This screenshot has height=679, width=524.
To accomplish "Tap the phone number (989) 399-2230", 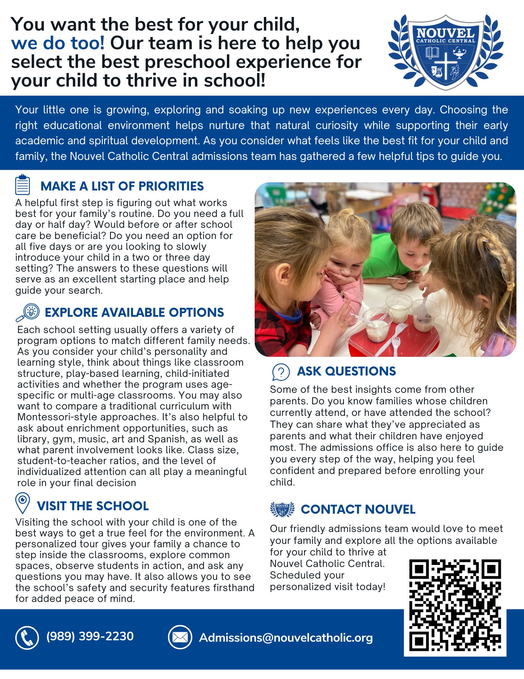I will point(90,636).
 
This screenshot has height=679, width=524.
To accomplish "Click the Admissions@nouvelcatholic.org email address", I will point(286,638).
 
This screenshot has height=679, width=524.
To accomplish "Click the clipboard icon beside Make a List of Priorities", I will point(23,185).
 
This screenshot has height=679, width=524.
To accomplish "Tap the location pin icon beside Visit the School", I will point(23,503).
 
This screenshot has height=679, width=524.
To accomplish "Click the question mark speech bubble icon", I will point(281,372).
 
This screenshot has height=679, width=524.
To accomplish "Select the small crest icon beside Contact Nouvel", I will point(282,509).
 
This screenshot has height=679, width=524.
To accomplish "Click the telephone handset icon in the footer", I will point(27,637).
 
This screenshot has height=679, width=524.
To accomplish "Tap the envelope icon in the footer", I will point(180,637).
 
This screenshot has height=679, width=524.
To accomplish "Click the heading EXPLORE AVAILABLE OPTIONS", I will point(134,312).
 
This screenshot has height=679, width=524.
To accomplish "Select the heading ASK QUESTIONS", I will point(346,371).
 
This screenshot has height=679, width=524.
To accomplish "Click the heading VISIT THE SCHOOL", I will point(93,506).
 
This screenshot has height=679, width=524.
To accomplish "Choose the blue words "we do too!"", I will point(58,43).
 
